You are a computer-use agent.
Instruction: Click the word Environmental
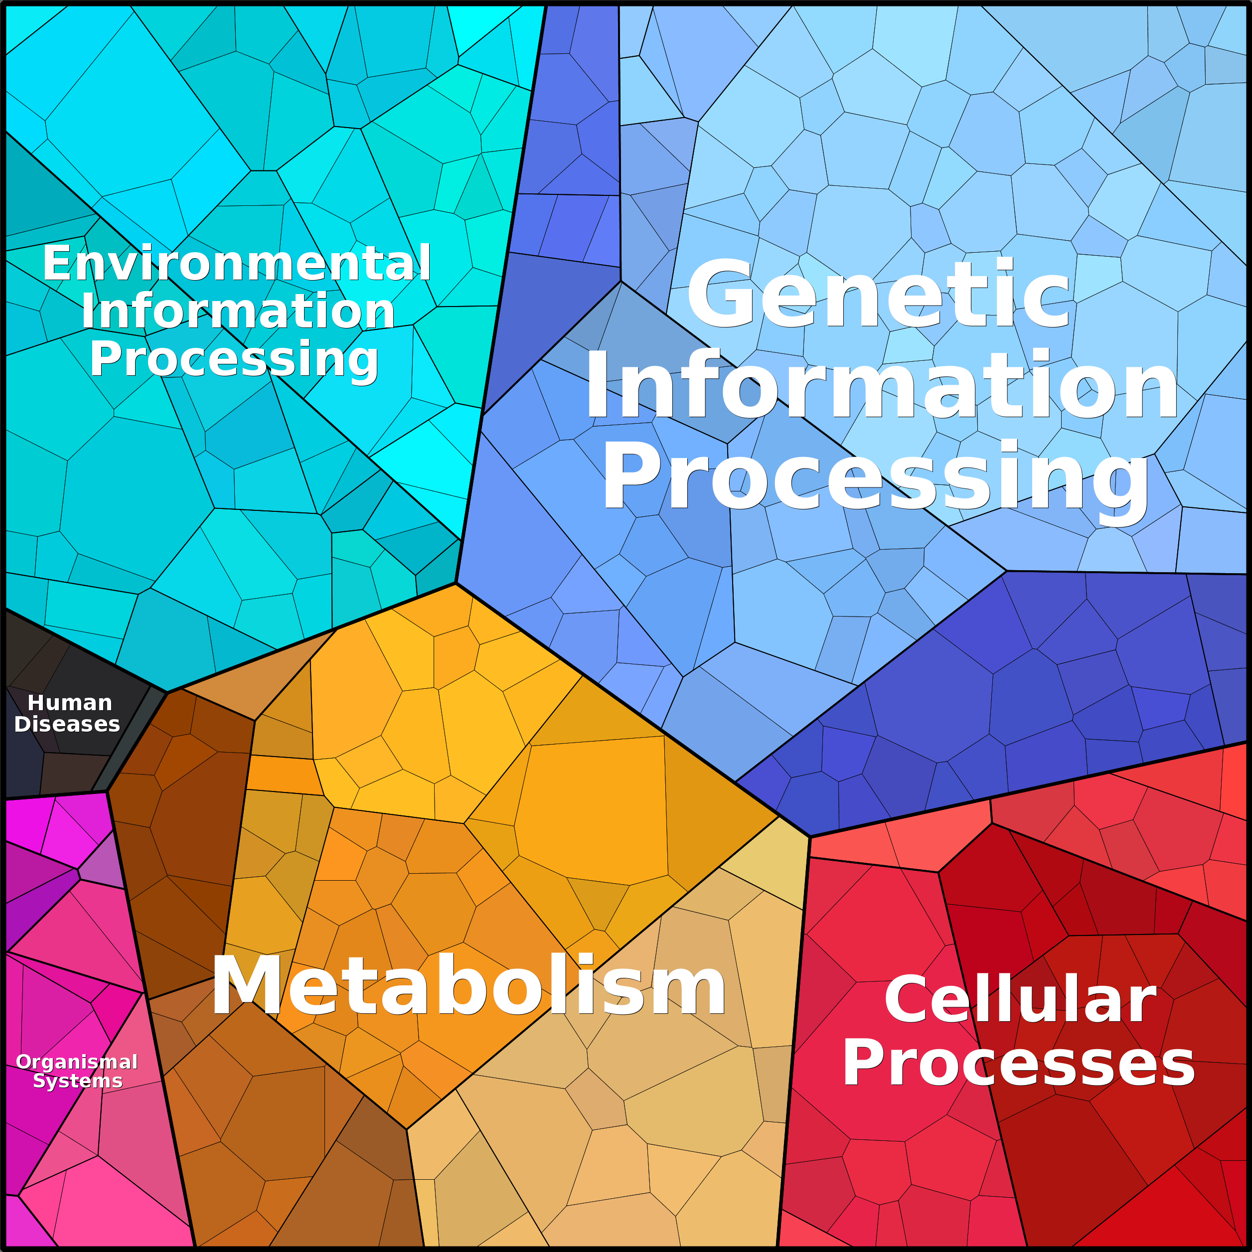(237, 263)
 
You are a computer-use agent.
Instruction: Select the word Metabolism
(469, 986)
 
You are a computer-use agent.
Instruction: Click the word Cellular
(1020, 1001)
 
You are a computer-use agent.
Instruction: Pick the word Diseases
(67, 724)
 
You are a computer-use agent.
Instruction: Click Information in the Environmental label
(238, 312)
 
